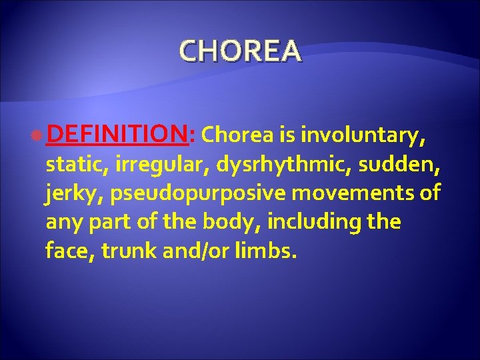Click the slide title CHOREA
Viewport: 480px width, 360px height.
240,51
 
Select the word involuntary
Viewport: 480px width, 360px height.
363,137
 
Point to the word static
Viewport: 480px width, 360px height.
69,165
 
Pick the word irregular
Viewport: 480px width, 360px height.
144,165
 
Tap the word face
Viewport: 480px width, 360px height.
65,251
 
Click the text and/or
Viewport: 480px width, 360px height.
204,251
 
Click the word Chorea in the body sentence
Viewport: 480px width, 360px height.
237,137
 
